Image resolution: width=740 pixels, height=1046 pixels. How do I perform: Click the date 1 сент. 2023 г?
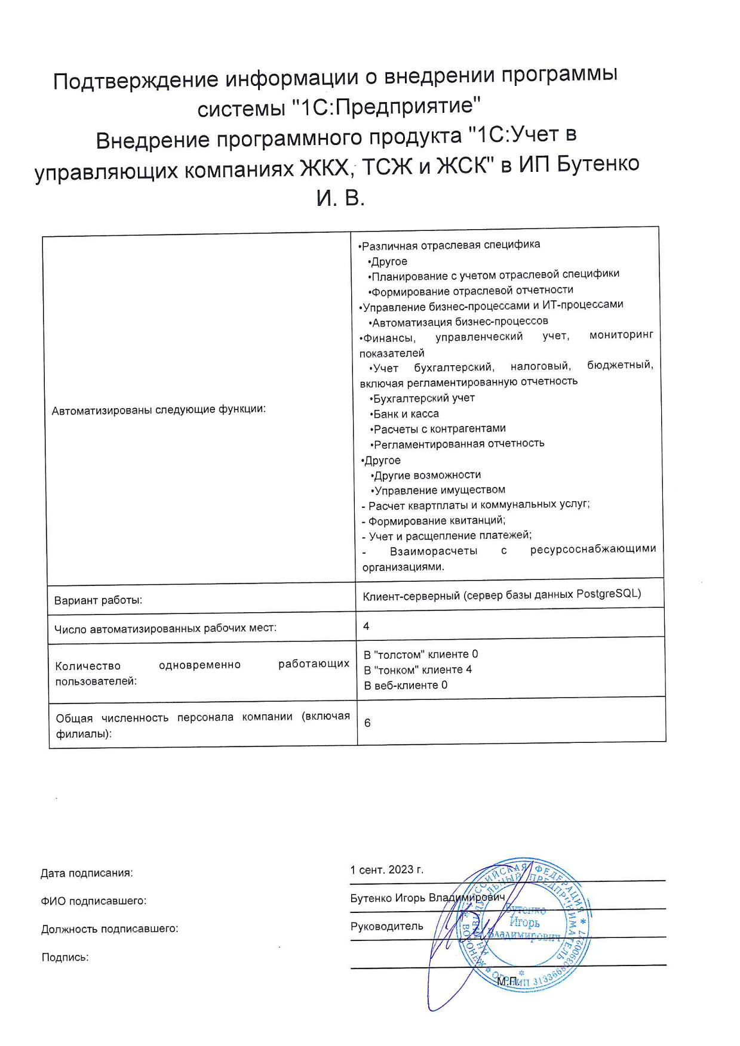tap(386, 870)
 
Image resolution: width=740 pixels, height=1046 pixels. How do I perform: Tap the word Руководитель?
tap(386, 927)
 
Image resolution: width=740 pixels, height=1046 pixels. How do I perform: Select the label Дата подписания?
tap(87, 874)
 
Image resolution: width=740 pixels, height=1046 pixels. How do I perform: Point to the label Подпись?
tap(65, 958)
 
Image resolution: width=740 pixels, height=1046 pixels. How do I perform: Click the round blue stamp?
tap(524, 925)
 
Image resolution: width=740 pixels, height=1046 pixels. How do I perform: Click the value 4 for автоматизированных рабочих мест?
tap(366, 626)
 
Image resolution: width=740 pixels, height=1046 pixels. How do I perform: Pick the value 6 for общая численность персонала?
tap(367, 723)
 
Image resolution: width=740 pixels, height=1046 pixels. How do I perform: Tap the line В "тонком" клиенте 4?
tap(417, 669)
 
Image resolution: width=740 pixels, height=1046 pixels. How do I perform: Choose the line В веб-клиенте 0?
tap(406, 686)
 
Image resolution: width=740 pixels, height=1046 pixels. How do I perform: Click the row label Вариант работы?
tap(98, 600)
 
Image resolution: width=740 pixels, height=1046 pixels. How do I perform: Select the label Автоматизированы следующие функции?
tap(158, 410)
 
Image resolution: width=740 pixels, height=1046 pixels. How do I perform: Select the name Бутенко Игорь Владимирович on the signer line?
tap(427, 898)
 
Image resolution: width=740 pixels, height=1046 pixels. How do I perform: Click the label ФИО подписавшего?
tap(93, 901)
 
